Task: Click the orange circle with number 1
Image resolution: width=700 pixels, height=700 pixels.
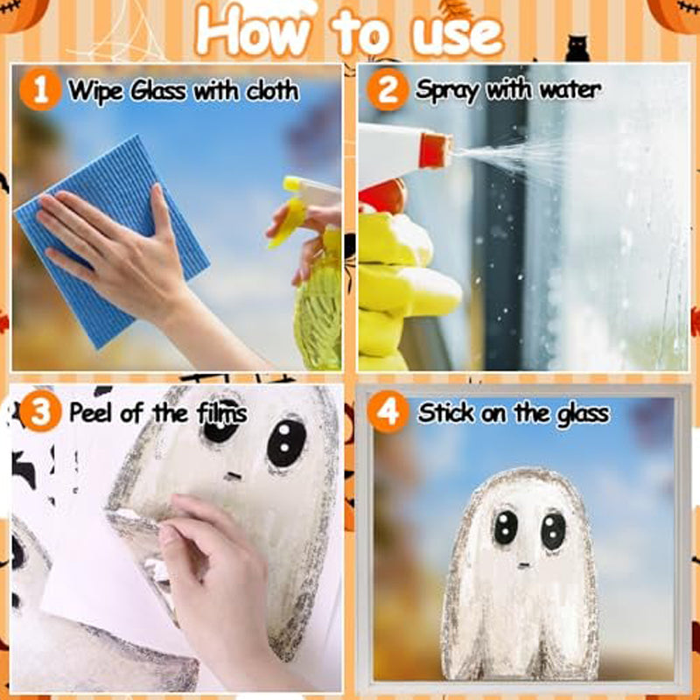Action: pos(39,90)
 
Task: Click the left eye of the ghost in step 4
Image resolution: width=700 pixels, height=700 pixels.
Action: pos(505,528)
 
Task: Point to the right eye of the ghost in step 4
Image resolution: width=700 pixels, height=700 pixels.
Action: pos(552,529)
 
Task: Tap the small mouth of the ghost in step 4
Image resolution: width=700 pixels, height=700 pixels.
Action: pos(523,564)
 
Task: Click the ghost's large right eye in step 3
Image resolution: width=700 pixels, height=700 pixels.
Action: pos(286,442)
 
